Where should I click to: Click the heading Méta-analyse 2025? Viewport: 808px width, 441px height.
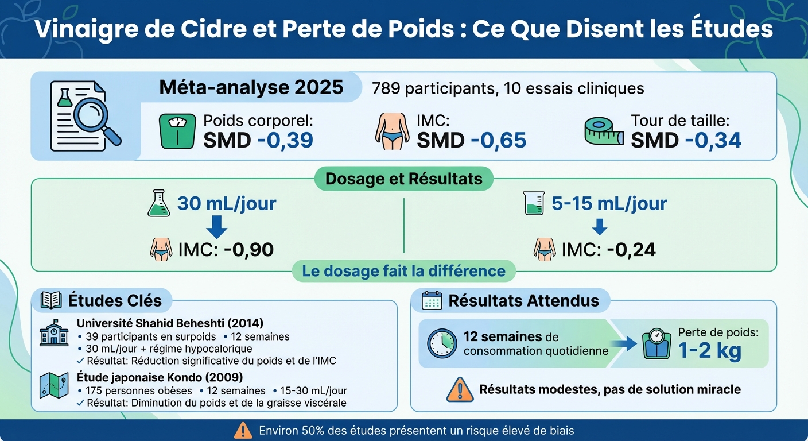(251, 88)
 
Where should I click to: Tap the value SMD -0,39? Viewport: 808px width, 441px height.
(258, 140)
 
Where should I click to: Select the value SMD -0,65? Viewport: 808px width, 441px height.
(471, 140)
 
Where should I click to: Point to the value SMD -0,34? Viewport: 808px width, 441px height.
(686, 140)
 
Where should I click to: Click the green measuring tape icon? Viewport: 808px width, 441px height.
(603, 131)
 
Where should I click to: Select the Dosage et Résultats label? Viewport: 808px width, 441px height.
(403, 179)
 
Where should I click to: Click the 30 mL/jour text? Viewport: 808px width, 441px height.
(226, 204)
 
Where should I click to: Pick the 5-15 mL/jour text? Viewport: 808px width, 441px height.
(609, 204)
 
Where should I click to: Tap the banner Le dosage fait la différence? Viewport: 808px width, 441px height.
(403, 271)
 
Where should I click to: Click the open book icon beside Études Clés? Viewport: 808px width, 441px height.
(51, 300)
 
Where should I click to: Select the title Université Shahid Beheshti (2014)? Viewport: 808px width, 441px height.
(170, 323)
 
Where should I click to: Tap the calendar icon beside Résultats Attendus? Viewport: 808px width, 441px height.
(432, 300)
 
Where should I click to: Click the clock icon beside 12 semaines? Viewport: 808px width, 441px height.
(442, 343)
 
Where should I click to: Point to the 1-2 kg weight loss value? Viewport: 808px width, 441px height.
(709, 351)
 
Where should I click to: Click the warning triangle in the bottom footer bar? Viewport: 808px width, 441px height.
(243, 430)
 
